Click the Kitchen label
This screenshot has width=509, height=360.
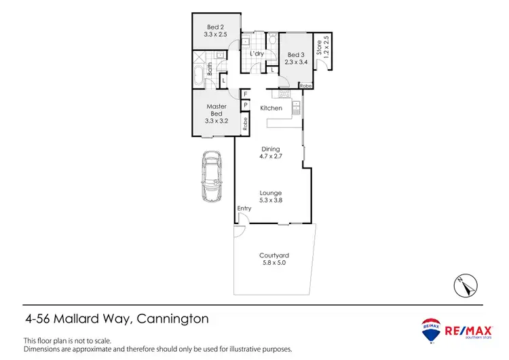point(271,109)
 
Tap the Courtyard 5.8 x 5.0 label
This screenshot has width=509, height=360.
point(271,259)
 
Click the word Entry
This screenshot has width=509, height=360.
point(244,209)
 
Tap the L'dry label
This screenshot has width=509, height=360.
point(257,54)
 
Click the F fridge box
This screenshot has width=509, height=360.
point(246,94)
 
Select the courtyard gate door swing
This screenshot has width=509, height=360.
point(239,232)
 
